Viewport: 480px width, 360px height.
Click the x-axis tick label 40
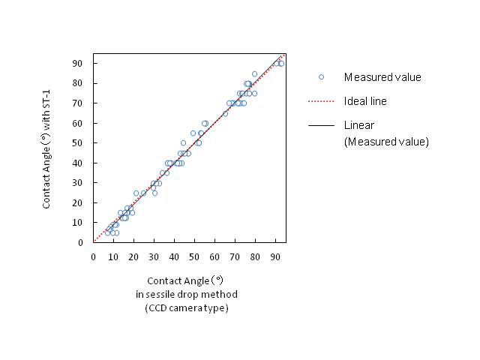point(174,256)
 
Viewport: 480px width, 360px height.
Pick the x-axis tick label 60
point(214,256)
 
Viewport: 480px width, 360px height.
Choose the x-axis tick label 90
point(275,256)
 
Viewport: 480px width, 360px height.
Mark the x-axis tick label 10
point(113,256)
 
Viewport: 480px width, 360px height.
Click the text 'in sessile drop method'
point(186,294)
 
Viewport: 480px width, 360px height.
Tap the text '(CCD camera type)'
point(186,307)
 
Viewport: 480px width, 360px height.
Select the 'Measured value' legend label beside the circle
point(382,77)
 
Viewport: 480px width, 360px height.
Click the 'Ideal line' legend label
point(365,100)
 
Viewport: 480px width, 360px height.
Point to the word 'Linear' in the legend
point(359,124)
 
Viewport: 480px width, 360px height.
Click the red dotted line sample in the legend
point(320,100)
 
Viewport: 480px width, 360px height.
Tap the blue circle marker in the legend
point(321,77)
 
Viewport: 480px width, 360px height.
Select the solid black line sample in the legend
point(320,124)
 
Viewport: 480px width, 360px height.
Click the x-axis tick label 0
point(93,256)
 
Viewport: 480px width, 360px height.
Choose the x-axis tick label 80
point(255,256)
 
